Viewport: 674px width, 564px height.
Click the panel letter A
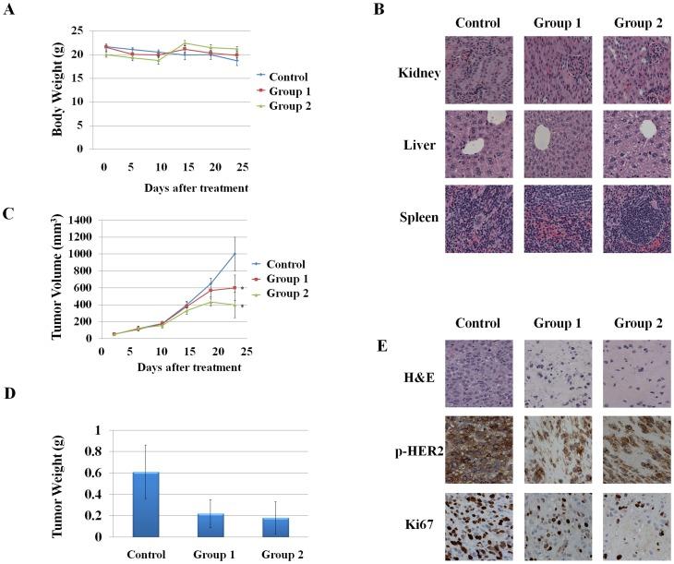(8, 9)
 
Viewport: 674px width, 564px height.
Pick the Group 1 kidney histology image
(557, 70)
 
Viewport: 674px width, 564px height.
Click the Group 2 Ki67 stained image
(635, 527)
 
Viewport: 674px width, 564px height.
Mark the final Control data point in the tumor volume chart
(235, 254)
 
